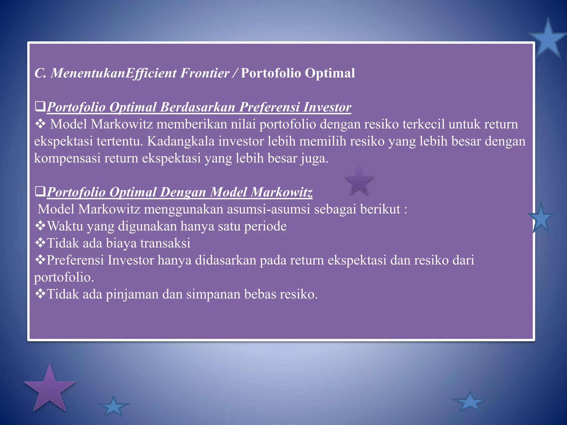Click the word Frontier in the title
click(x=205, y=73)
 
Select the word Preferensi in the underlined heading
click(x=269, y=107)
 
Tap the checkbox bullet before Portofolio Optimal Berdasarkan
click(x=40, y=107)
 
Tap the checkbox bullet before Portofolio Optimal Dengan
click(x=40, y=191)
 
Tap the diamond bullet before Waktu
click(x=40, y=226)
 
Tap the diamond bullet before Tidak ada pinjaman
click(x=40, y=294)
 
